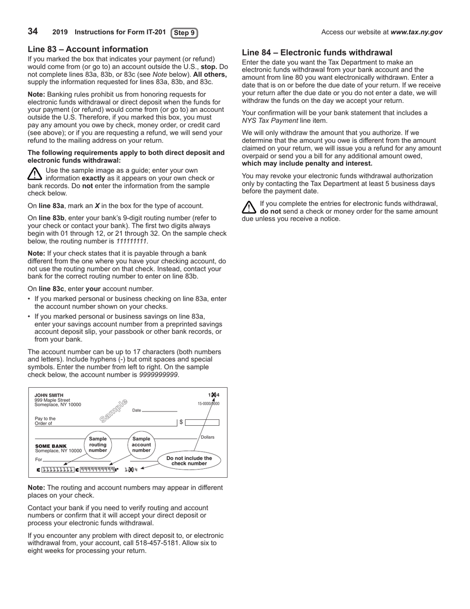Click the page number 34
click(x=33, y=32)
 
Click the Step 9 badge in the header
click(x=184, y=33)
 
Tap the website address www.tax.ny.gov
click(x=416, y=32)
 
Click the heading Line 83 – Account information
click(x=88, y=49)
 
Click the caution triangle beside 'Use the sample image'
click(x=35, y=174)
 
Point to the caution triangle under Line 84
click(x=249, y=207)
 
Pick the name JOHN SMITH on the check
click(x=49, y=395)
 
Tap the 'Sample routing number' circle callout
click(x=98, y=444)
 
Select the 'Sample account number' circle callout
click(x=141, y=444)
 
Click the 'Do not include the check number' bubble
click(x=189, y=460)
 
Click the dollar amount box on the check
click(x=202, y=422)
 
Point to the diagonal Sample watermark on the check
click(x=114, y=410)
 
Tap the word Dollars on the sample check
click(x=207, y=437)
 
